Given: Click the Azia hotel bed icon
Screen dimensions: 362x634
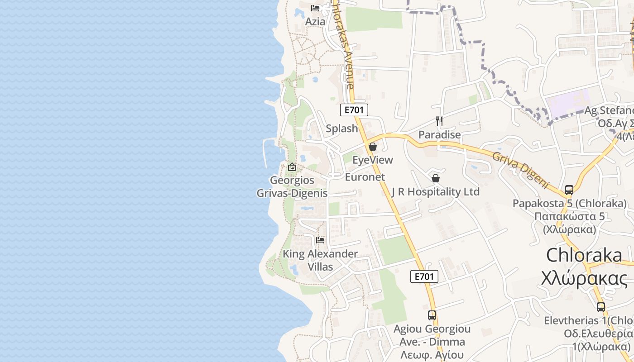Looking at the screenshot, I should click(315, 8).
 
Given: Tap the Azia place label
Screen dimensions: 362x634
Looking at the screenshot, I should click(315, 21).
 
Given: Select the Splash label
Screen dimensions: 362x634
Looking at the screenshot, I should click(342, 129).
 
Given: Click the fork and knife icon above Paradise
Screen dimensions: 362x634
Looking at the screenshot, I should click(439, 121).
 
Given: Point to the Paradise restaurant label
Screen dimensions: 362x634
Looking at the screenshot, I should click(439, 134).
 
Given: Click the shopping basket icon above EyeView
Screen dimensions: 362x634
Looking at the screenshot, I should click(373, 147).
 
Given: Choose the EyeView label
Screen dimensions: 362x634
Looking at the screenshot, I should click(373, 160).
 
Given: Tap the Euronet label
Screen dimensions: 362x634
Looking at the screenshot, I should click(365, 177).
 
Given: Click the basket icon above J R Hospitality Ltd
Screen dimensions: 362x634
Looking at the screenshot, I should click(435, 178).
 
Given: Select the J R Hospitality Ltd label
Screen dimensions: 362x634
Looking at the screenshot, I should click(435, 192).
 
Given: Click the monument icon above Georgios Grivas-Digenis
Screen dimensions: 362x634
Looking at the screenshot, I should click(292, 167).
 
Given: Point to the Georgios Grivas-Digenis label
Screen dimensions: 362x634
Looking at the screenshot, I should click(292, 186).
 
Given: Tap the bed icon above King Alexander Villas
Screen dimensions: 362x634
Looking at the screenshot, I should click(320, 240).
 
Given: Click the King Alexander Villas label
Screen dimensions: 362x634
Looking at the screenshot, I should click(320, 260).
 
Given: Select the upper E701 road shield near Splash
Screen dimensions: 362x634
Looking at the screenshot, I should click(354, 110).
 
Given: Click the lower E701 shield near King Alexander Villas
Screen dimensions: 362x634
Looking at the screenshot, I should click(424, 276).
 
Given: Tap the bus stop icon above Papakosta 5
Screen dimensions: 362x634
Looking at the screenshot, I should click(569, 190).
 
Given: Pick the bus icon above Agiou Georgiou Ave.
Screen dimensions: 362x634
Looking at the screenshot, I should click(432, 315).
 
